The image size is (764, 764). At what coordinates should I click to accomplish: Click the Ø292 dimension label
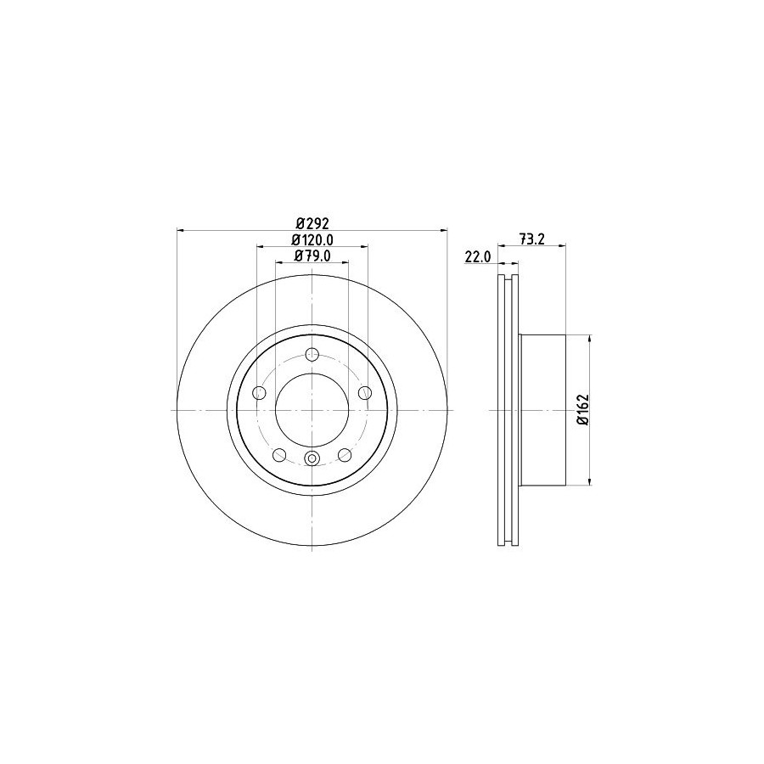pyautogui.click(x=312, y=223)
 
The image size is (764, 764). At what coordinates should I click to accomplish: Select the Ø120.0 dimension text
pyautogui.click(x=312, y=239)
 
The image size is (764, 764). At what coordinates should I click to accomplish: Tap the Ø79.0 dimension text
pyautogui.click(x=312, y=256)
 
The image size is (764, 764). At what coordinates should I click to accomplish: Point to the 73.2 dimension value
pyautogui.click(x=531, y=239)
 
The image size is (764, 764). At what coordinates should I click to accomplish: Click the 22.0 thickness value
pyautogui.click(x=477, y=256)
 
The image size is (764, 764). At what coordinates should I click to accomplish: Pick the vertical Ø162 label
pyautogui.click(x=583, y=410)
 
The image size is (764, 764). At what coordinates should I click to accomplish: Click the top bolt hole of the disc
pyautogui.click(x=312, y=354)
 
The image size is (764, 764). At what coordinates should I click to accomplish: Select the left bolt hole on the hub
pyautogui.click(x=260, y=392)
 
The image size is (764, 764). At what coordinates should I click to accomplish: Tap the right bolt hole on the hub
pyautogui.click(x=364, y=392)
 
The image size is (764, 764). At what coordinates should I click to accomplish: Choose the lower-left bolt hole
pyautogui.click(x=279, y=455)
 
